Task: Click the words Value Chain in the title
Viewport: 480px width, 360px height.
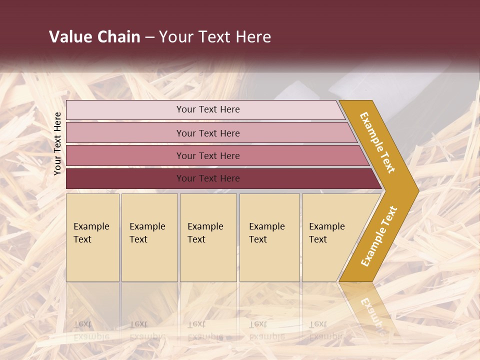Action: pos(94,37)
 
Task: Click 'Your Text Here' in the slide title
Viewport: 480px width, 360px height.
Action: pos(215,37)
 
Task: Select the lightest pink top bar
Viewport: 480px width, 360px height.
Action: pos(125,110)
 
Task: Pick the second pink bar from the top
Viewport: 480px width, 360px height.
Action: pos(125,133)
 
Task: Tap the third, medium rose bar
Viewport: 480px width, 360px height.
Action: pos(125,155)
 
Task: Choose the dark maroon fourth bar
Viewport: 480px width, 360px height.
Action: pos(125,178)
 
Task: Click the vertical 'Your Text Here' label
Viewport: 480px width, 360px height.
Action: pos(57,143)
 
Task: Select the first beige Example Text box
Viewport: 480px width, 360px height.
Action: pos(92,237)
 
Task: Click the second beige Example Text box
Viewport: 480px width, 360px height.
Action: pos(149,237)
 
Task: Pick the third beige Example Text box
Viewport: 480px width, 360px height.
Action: pos(208,237)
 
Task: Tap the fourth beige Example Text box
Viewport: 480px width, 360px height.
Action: pos(269,237)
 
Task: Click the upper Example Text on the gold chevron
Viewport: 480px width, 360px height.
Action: pos(377,142)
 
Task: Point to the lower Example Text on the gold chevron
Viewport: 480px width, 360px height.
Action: pos(379,236)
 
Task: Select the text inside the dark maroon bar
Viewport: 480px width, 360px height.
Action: pos(208,178)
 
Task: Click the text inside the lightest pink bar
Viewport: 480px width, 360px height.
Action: pos(208,109)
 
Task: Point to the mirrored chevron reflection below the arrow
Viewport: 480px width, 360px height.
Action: pos(370,310)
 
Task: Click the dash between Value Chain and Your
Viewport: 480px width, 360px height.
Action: pos(149,37)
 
